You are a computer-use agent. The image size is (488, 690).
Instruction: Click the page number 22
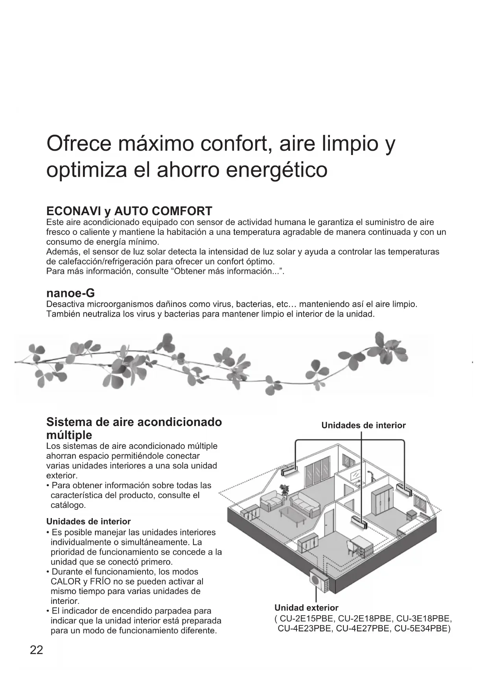(36, 650)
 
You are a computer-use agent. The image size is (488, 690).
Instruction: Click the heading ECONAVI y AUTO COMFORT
(129, 211)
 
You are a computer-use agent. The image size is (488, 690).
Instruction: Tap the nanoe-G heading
(70, 293)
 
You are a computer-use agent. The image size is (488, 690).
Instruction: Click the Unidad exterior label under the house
(306, 608)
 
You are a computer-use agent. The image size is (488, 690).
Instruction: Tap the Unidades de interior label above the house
(363, 425)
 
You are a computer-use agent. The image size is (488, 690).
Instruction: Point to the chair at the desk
(351, 546)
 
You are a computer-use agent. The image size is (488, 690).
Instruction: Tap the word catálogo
(68, 505)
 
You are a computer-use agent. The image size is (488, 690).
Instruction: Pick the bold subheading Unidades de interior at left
(88, 522)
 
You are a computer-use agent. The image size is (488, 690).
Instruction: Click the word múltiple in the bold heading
(69, 435)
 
